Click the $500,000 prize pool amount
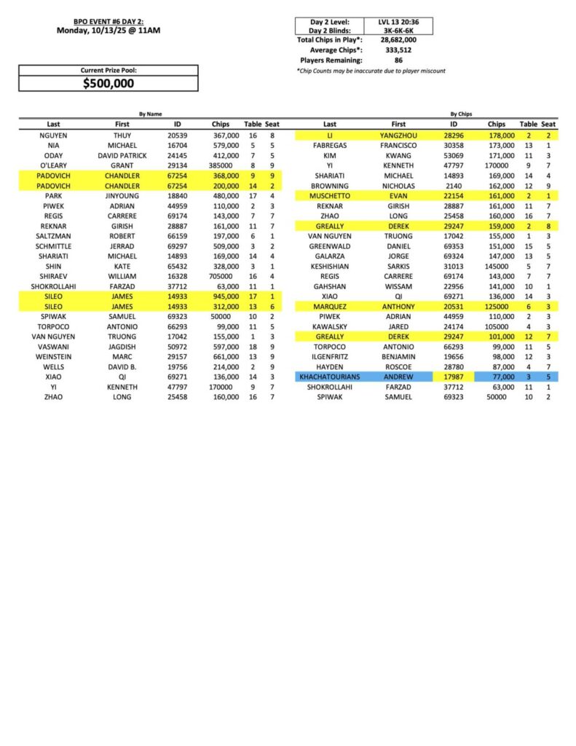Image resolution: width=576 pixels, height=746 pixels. (x=109, y=83)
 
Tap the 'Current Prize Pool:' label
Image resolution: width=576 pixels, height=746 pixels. (x=109, y=71)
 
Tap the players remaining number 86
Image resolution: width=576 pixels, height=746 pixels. (x=399, y=60)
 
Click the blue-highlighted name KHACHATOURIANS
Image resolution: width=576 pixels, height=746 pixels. (x=330, y=377)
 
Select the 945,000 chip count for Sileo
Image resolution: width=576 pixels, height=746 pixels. (x=225, y=297)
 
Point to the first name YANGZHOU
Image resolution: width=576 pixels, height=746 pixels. (x=398, y=136)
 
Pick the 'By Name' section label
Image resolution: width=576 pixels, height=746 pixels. (x=151, y=114)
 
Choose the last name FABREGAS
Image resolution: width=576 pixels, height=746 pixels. (x=330, y=146)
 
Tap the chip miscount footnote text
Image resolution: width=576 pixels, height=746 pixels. (x=371, y=71)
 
